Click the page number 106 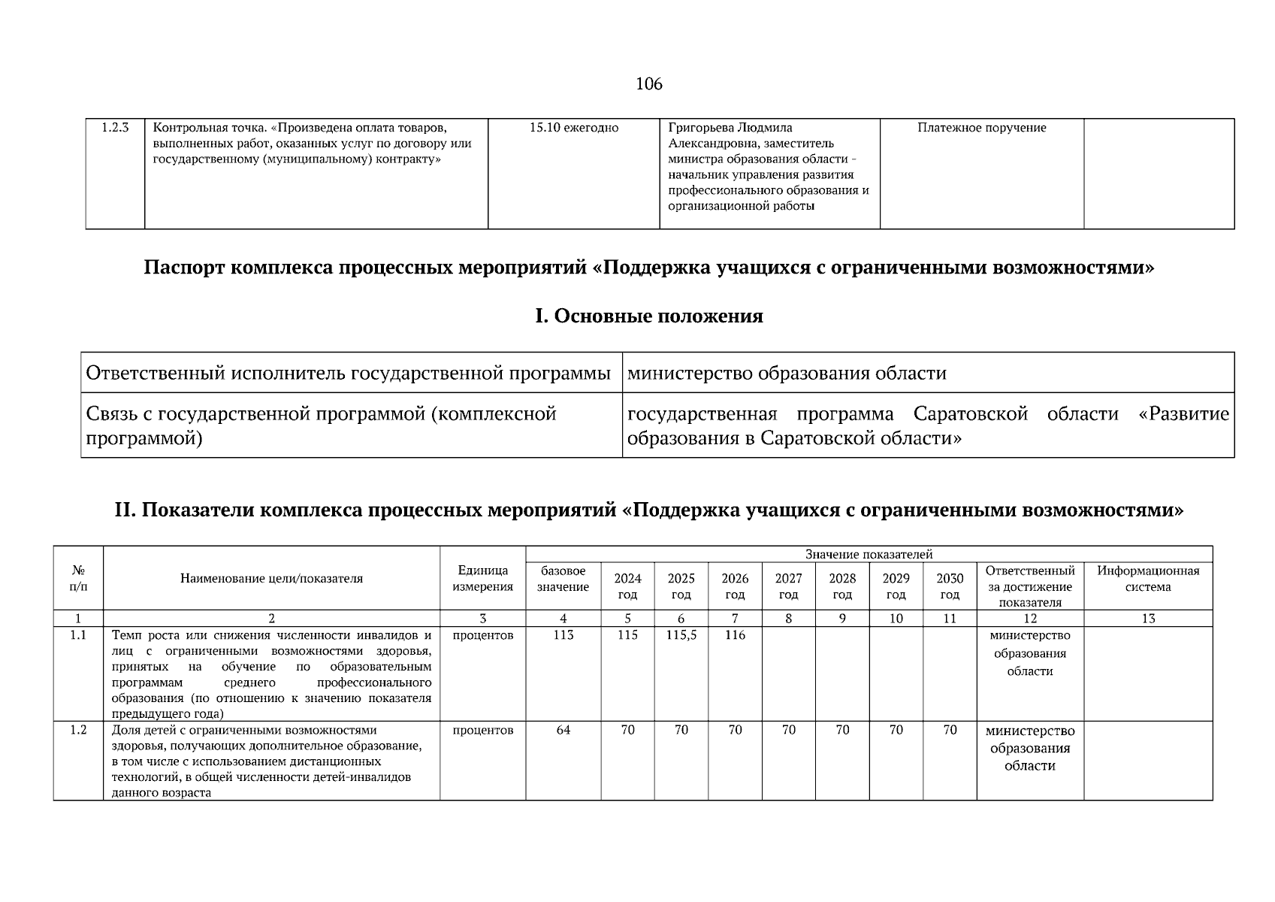coord(648,84)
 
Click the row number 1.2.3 coord(115,128)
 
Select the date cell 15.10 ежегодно coord(573,128)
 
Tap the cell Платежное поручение coord(981,128)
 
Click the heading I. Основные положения coord(648,316)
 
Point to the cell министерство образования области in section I coord(786,374)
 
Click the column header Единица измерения coord(482,579)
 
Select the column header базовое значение coord(563,579)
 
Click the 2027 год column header coord(788,586)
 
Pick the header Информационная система coord(1147,579)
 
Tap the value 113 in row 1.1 coord(563,635)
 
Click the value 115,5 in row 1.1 coord(681,635)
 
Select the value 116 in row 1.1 coord(735,635)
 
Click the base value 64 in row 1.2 coord(563,730)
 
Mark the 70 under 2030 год coord(950,730)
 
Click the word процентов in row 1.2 coord(482,730)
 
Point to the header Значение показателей coord(869,554)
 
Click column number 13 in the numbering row coord(1147,619)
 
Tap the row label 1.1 coord(78,635)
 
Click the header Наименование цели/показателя coord(271,579)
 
